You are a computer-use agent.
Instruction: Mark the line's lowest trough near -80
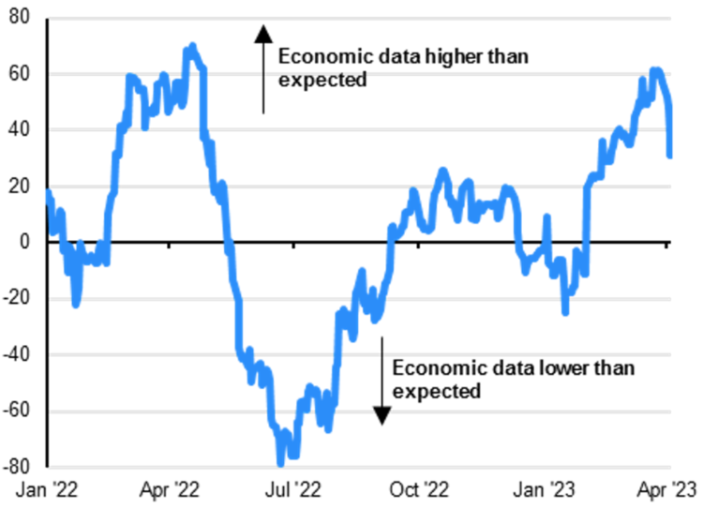coord(280,462)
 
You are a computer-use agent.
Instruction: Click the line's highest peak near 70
coord(192,46)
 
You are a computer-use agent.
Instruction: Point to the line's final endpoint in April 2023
coord(670,156)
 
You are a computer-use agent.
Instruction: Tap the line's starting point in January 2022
coord(47,192)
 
